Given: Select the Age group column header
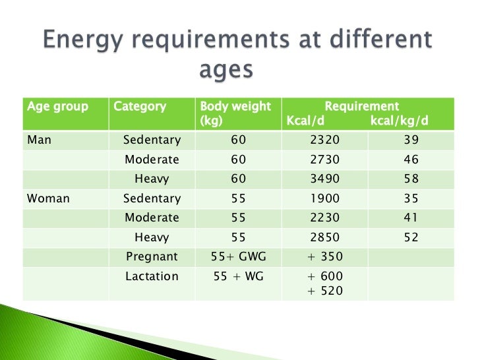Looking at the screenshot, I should click(57, 107).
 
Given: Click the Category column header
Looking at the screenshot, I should click(140, 107).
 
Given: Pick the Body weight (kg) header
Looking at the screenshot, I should click(235, 113).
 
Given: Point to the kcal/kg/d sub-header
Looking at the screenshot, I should click(399, 121).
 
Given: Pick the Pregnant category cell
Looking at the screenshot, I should click(152, 257).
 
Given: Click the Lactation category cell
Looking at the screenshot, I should click(152, 277).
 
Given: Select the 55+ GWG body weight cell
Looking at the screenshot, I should click(237, 257).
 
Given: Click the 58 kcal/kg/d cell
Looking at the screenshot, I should click(411, 179).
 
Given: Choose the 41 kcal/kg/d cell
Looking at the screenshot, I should click(411, 218).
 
